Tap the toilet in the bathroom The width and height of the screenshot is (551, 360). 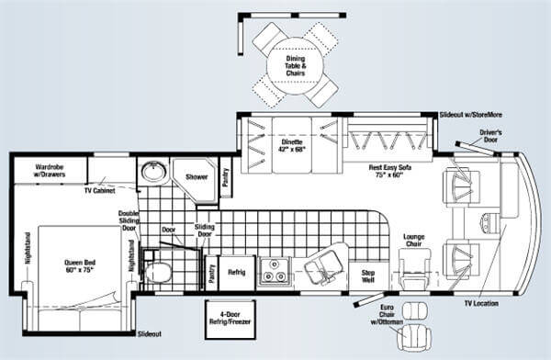157,272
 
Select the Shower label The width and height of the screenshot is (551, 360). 197,177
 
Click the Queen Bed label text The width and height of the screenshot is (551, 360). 80,266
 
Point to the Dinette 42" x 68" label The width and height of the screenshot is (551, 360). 292,145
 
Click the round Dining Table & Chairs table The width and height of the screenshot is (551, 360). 295,65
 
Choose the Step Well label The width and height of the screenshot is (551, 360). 368,276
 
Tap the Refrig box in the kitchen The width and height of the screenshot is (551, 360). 237,273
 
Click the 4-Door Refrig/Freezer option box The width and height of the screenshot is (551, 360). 231,320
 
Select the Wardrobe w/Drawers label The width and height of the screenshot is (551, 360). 50,171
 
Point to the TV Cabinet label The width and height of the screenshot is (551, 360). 99,191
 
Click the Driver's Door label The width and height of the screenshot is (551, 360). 491,136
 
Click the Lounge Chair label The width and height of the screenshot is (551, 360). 414,241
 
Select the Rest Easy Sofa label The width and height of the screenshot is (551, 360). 390,171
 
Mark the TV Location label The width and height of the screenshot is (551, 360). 481,303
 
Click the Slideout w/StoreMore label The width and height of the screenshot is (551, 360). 471,115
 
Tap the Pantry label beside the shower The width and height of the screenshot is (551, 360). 225,177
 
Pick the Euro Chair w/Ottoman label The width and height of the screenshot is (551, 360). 387,314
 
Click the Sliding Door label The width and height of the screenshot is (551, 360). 205,231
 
